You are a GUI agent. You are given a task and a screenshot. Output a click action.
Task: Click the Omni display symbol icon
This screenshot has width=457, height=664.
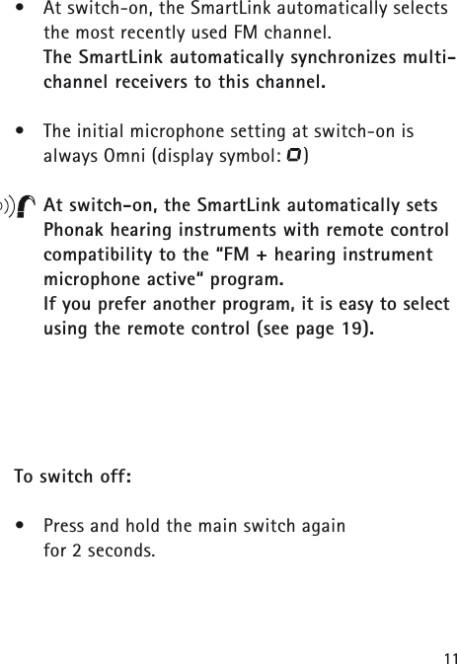[x=295, y=154]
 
